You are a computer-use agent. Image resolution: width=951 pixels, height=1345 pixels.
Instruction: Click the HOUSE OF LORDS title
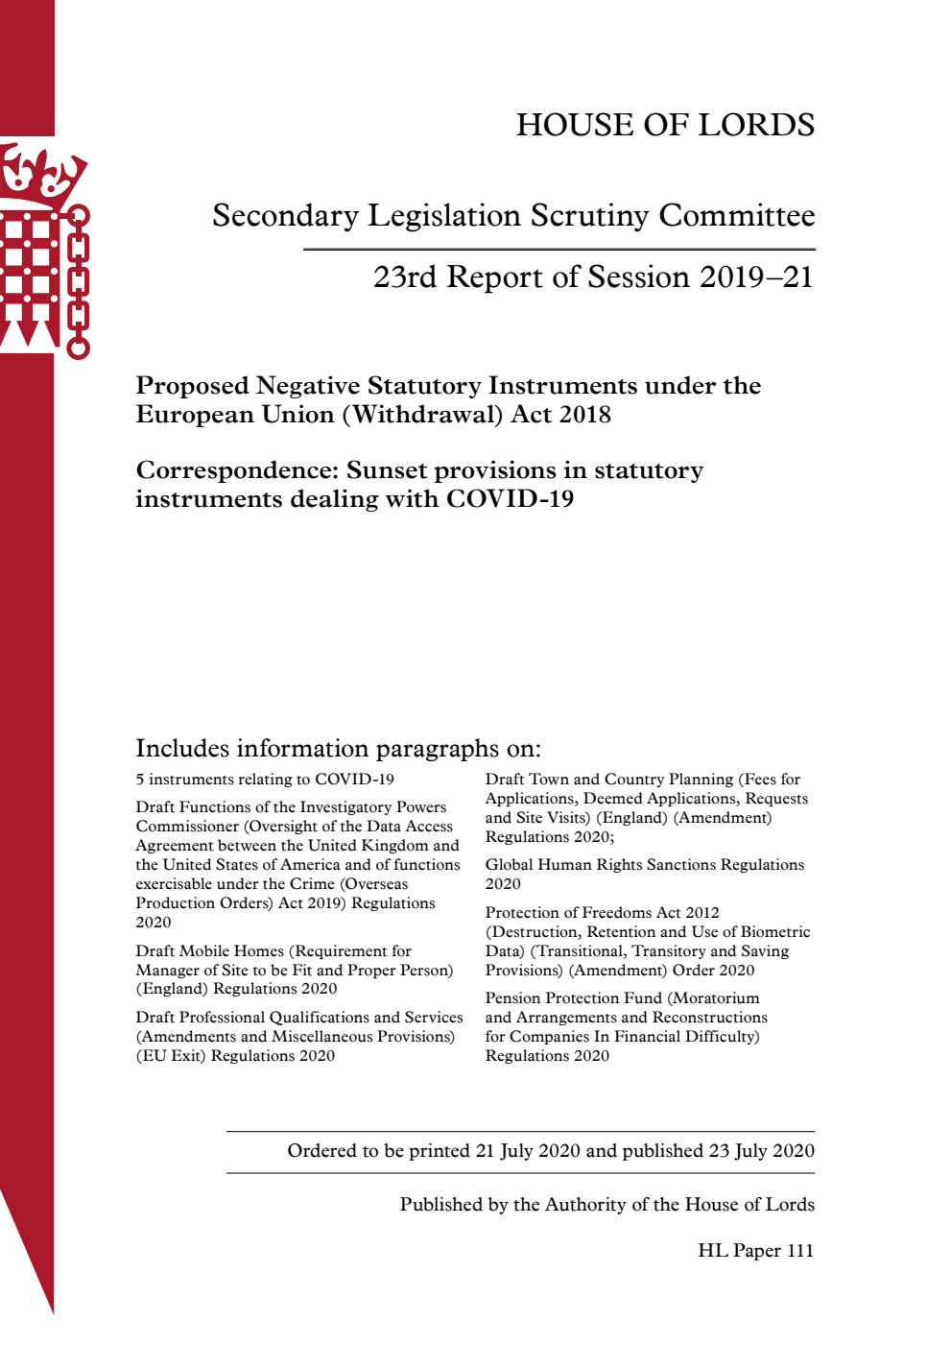[x=665, y=125]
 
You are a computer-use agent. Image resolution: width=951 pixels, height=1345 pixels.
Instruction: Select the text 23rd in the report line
[x=405, y=277]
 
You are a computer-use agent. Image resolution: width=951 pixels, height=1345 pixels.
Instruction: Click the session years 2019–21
[x=756, y=277]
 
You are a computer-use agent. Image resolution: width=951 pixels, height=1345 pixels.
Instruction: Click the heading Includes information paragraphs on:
[x=338, y=749]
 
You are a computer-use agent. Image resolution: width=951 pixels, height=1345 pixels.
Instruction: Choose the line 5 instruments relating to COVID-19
[x=265, y=780]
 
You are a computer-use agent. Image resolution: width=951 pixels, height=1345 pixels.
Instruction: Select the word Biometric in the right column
[x=774, y=932]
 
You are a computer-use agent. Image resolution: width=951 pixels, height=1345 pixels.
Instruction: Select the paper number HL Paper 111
[x=755, y=1251]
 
